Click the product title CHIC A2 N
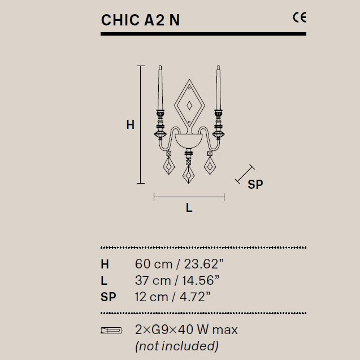click(x=140, y=20)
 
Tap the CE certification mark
click(x=300, y=18)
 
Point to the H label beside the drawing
click(x=131, y=125)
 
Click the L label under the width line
click(x=189, y=207)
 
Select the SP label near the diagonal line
click(x=255, y=184)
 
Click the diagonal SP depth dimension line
click(x=245, y=174)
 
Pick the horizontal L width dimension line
click(x=189, y=197)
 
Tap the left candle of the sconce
click(x=161, y=88)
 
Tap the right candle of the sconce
click(x=218, y=88)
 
